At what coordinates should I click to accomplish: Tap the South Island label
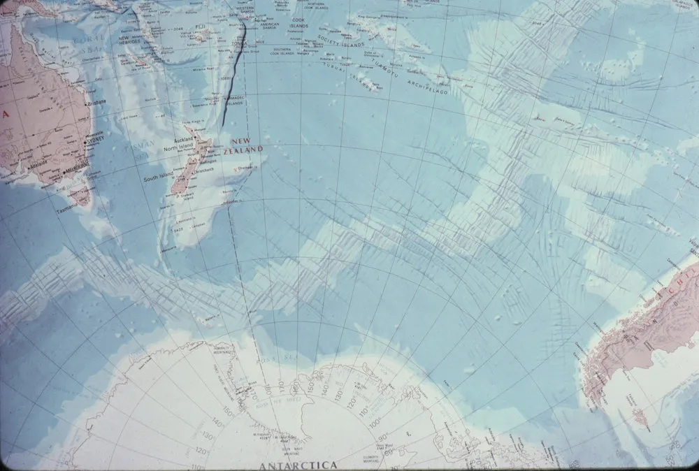(158, 179)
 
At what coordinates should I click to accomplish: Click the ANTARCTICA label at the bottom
(298, 465)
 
